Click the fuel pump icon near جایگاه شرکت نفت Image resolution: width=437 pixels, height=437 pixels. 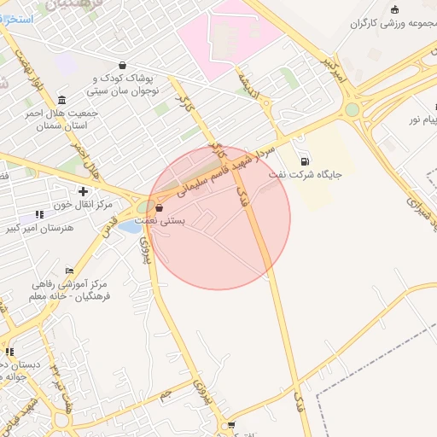(x=305, y=160)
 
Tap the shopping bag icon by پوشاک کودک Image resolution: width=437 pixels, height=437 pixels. (x=123, y=64)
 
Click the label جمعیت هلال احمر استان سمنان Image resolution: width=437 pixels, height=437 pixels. (x=67, y=119)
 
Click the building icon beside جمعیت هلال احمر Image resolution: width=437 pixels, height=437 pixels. (x=61, y=98)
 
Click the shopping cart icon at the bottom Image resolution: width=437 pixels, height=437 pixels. (x=230, y=424)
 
